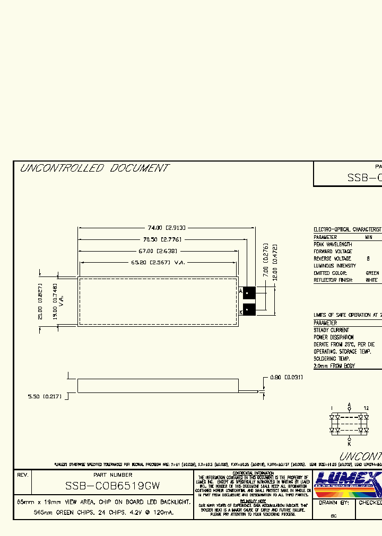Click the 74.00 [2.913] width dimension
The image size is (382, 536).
pos(166,228)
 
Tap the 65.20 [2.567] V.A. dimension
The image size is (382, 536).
pos(158,263)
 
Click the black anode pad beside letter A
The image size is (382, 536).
pos(249,292)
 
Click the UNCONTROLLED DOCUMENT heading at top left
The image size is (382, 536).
pos(94,168)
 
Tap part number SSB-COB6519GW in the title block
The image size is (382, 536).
pos(112,486)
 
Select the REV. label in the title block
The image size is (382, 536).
pos(22,475)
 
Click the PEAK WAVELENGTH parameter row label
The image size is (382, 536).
pos(333,245)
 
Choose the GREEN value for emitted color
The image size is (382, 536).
pos(372,273)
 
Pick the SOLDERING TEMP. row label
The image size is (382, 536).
pos(332,359)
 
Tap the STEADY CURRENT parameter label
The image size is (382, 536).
pos(332,330)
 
